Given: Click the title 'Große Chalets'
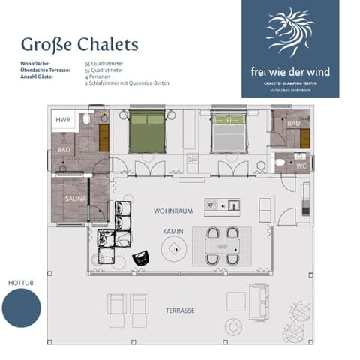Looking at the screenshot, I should (79, 43).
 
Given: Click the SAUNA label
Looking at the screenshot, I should (75, 199).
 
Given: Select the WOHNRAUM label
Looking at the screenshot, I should (173, 211).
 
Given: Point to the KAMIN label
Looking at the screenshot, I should (173, 232).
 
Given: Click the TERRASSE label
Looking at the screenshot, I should (181, 309).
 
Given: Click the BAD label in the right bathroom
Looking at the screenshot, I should (293, 124).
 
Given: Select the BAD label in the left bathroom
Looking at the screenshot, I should (64, 150).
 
